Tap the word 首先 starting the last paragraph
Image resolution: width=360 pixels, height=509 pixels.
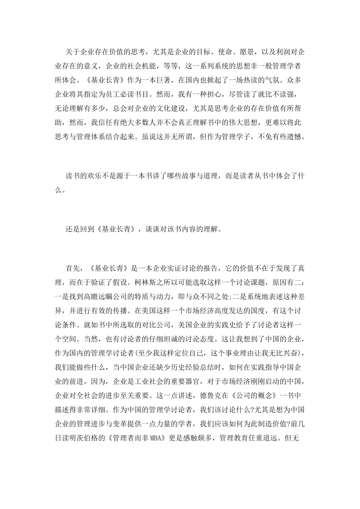pyautogui.click(x=72, y=269)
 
